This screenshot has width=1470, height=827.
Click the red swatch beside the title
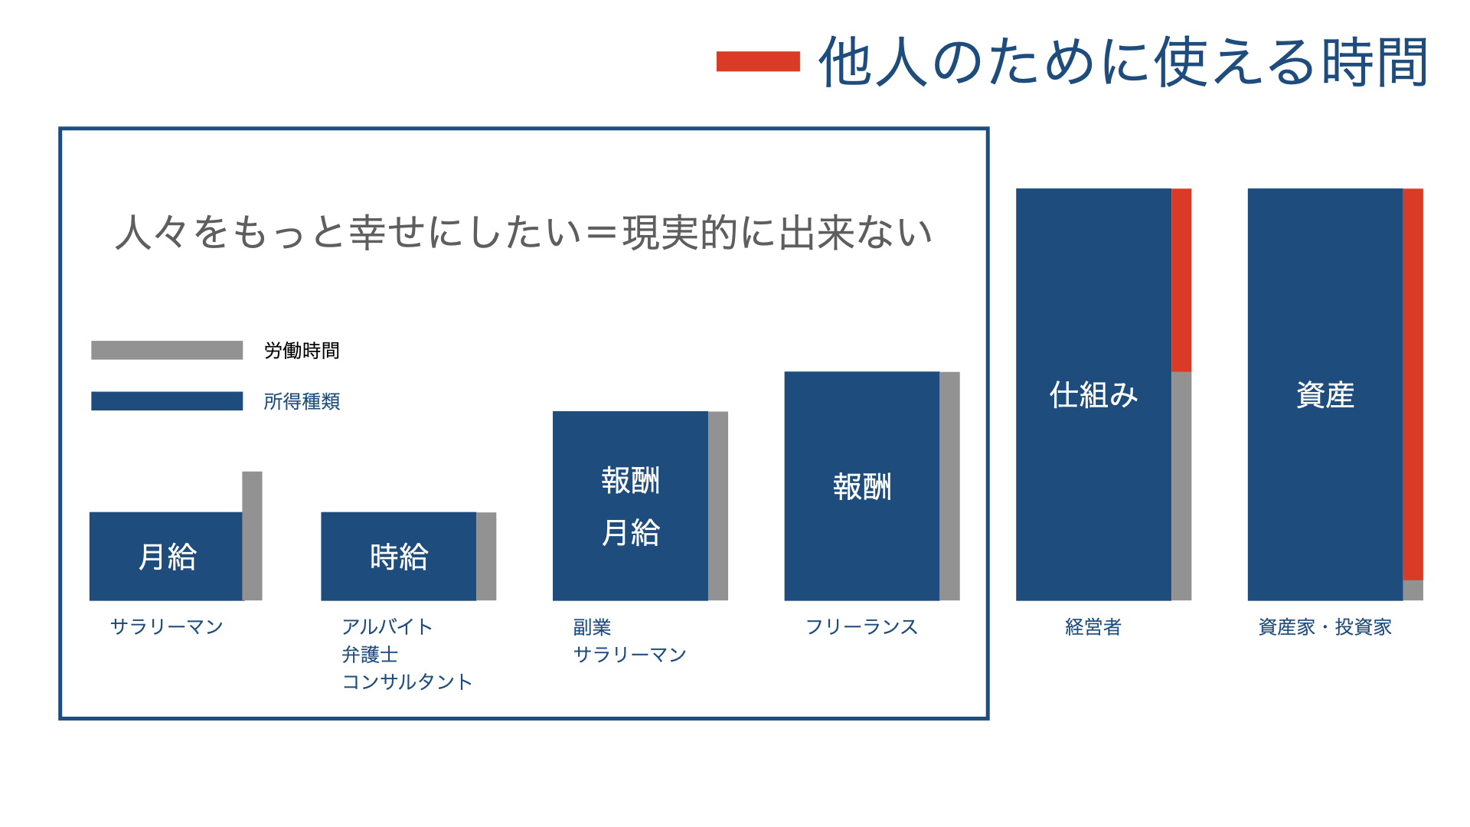(x=758, y=61)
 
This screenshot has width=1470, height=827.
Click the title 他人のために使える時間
(x=1123, y=62)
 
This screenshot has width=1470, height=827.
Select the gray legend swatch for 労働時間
(x=167, y=350)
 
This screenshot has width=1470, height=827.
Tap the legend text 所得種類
(x=302, y=401)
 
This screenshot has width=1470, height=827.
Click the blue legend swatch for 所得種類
(x=167, y=401)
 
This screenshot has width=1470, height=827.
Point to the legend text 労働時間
(x=302, y=351)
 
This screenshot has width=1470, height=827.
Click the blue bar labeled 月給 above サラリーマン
(x=166, y=556)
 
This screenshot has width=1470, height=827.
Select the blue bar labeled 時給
(x=398, y=556)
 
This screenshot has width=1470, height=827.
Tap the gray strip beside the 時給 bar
(x=486, y=556)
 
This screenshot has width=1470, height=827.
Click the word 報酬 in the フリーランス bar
(x=862, y=486)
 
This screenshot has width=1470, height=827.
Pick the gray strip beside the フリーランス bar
(x=949, y=486)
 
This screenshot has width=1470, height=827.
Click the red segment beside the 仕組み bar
(x=1181, y=280)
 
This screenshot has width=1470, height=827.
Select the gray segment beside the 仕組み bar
(x=1181, y=486)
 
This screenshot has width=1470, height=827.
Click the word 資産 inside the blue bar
(x=1325, y=395)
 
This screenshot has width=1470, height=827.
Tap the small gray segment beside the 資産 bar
(x=1413, y=590)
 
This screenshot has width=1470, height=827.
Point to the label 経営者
(x=1093, y=627)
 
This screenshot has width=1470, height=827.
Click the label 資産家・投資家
(x=1325, y=627)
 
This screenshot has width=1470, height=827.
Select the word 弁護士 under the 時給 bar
(x=370, y=655)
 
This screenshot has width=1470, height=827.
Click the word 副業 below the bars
(x=592, y=627)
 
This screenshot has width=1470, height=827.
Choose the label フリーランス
(x=862, y=627)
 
